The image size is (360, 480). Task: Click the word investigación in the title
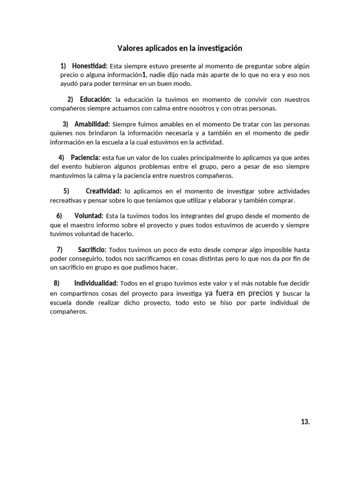[x=219, y=48]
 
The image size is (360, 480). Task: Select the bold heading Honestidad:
[x=90, y=66]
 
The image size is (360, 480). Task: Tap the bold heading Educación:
[x=96, y=99]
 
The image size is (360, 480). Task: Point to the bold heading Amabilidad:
[x=92, y=124]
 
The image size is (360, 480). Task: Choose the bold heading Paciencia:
[x=85, y=157]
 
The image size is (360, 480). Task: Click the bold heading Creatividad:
[x=104, y=191]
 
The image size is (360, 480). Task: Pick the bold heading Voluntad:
[x=89, y=216]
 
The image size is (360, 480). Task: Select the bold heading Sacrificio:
[x=92, y=249]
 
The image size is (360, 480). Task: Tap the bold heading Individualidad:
[x=96, y=283]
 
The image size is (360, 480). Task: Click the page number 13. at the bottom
[x=305, y=422]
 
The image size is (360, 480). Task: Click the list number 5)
[x=66, y=191]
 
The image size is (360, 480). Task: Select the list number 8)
[x=57, y=283]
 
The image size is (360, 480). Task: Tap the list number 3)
[x=66, y=124]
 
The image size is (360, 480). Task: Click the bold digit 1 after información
[x=144, y=75]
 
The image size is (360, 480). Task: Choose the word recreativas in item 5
[x=66, y=200]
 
